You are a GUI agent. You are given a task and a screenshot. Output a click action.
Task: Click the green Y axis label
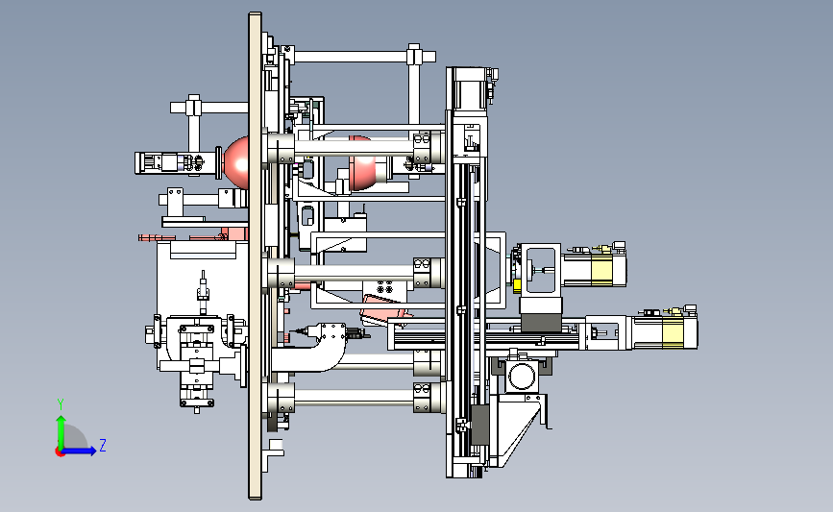pos(61,404)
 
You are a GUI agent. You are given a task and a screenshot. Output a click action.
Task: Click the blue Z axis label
pos(103,445)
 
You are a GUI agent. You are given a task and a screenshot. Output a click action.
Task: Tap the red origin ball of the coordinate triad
pos(60,452)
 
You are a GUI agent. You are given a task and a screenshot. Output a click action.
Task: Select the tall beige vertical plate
pos(255,256)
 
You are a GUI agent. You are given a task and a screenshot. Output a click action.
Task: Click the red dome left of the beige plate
pos(237,163)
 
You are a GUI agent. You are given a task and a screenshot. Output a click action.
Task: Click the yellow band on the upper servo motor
pos(601,269)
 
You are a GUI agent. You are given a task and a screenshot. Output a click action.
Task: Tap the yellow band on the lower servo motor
pos(673,332)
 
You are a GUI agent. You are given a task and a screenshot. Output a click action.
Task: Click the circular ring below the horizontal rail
pos(521,377)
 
